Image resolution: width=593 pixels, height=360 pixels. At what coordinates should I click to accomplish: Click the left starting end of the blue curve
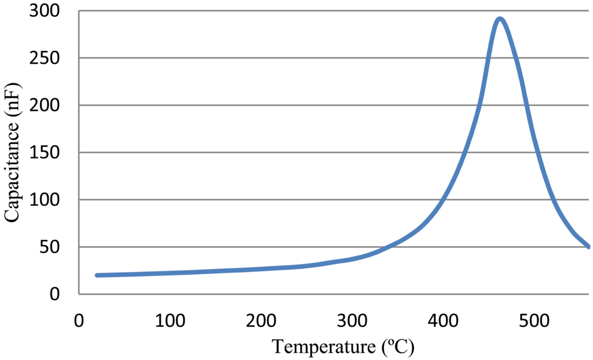coord(97,275)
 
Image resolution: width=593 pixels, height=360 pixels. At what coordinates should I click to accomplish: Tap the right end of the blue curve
coord(588,246)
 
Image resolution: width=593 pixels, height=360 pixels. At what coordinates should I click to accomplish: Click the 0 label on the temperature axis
coord(79,320)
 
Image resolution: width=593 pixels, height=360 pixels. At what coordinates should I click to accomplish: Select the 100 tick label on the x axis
coord(170,320)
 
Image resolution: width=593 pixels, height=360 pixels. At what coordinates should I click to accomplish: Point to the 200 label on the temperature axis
coord(261,320)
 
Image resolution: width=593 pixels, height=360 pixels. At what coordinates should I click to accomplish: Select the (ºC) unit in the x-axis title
coord(397,347)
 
